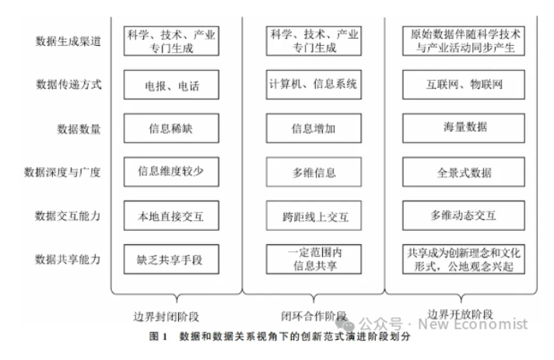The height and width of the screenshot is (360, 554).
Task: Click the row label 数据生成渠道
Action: click(x=68, y=41)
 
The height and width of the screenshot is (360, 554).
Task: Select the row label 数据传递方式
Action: click(x=68, y=84)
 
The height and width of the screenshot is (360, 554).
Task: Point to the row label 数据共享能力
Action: click(x=68, y=258)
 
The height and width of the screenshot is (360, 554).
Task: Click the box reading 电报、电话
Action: click(x=171, y=86)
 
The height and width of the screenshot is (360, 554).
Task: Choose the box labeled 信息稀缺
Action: click(x=171, y=129)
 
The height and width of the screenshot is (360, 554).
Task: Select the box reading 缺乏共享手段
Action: click(x=171, y=259)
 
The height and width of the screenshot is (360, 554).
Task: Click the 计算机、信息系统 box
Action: click(x=314, y=84)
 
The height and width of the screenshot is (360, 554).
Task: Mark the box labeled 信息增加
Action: click(x=314, y=129)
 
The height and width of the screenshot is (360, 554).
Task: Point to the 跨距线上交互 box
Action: click(x=314, y=215)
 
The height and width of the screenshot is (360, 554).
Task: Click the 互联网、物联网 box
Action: click(x=465, y=85)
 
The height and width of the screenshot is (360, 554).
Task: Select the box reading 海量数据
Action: click(x=465, y=128)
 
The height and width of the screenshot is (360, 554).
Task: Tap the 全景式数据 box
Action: click(x=465, y=173)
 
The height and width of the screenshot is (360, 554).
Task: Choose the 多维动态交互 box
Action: click(x=465, y=215)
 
